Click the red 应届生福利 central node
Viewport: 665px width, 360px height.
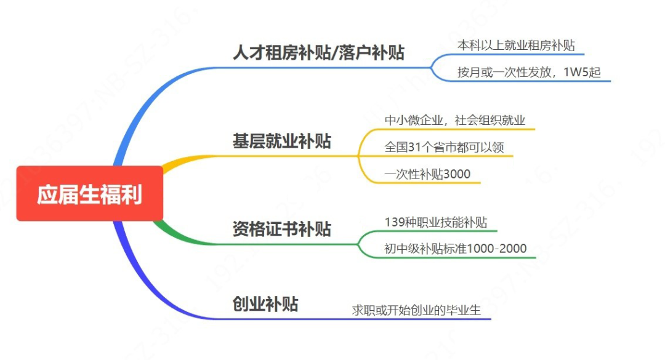tap(89, 193)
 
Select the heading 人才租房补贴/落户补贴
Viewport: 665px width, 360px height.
tap(318, 53)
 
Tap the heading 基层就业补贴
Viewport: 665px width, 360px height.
tap(281, 141)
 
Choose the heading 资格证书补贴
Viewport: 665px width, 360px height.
tap(281, 229)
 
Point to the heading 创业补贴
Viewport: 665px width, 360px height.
tap(265, 304)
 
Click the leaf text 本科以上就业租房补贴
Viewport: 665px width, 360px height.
tap(516, 46)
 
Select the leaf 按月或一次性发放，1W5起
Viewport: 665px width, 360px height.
tap(529, 72)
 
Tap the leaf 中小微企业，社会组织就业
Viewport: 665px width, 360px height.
tap(454, 121)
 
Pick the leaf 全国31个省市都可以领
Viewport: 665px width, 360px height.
tap(444, 147)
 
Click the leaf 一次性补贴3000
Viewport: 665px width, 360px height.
tap(427, 174)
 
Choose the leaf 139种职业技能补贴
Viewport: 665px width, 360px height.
tap(435, 222)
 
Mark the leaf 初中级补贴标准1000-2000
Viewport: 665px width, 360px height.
tap(456, 249)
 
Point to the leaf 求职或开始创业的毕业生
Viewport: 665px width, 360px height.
tap(416, 310)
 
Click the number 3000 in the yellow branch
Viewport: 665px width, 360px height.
tap(457, 174)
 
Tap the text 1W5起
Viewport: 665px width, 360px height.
tap(582, 72)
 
